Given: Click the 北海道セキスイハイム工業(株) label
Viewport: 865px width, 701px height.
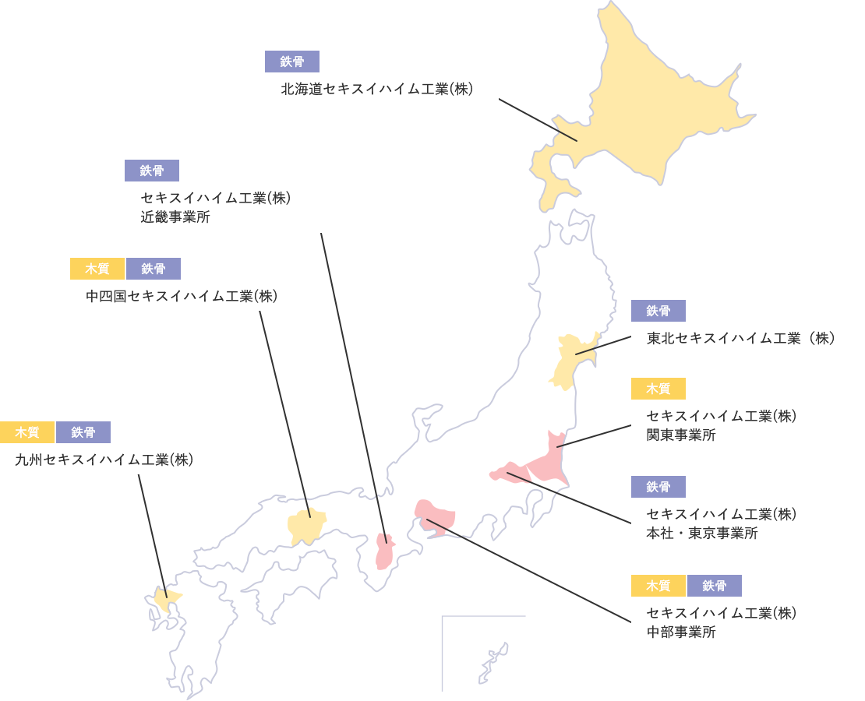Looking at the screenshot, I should (x=377, y=90).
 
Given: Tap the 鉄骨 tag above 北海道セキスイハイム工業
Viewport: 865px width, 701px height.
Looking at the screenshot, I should (x=292, y=62).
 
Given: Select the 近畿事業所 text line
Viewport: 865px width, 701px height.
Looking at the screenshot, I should (x=175, y=217).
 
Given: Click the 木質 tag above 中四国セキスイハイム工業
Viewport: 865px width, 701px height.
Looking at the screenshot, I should (x=97, y=269).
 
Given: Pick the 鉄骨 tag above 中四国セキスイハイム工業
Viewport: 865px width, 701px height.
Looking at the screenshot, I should (x=154, y=269).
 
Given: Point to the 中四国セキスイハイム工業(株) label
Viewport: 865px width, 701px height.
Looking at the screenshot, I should (x=181, y=296).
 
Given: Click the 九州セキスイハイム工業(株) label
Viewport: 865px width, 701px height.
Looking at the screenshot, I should (x=104, y=460).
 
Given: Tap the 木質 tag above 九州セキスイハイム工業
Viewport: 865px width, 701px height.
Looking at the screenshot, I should (x=27, y=432).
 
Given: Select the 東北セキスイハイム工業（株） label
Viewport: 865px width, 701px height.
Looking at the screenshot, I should (x=741, y=338).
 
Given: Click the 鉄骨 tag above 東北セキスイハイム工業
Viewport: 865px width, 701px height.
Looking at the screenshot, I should (x=658, y=311).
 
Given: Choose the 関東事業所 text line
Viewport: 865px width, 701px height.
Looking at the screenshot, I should (x=681, y=435).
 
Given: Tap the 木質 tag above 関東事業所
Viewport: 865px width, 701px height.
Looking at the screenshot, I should (x=658, y=388).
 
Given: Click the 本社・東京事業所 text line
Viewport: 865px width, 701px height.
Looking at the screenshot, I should (x=702, y=534).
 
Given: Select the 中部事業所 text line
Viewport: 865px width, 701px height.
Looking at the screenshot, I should (x=681, y=632).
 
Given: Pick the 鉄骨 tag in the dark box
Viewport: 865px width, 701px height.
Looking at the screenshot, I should (x=715, y=586).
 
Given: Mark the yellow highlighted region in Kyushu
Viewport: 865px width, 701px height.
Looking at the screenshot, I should (x=164, y=600).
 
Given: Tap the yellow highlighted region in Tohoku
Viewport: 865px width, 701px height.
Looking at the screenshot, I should (x=573, y=360).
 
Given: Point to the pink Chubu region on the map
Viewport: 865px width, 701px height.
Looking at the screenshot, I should (x=436, y=516).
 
